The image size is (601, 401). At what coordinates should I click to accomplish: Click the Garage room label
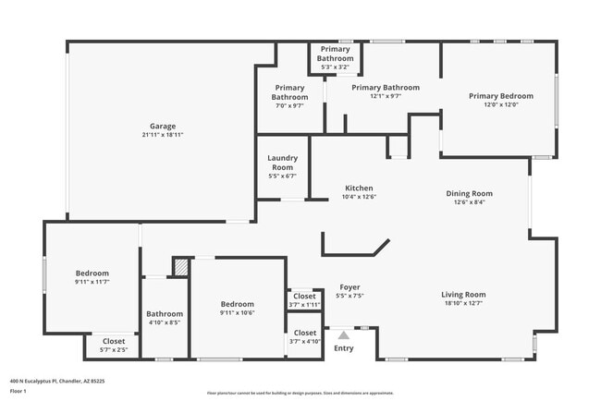(x=163, y=127)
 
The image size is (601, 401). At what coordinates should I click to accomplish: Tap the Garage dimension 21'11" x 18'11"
(x=163, y=136)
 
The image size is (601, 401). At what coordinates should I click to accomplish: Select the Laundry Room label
(x=282, y=163)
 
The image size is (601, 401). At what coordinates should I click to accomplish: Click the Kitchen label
(x=359, y=187)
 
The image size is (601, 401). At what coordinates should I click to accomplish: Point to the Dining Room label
(x=469, y=193)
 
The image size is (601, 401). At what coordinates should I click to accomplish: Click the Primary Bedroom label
(x=500, y=96)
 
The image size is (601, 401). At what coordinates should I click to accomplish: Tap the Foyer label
(x=350, y=287)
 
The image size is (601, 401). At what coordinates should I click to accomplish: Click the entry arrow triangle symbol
(x=343, y=335)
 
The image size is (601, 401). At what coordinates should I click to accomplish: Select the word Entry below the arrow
(x=343, y=348)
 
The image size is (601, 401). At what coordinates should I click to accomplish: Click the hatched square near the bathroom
(x=181, y=267)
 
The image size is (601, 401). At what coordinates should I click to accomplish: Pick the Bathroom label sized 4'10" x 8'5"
(x=165, y=314)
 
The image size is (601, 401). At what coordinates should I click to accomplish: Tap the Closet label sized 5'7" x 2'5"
(x=113, y=341)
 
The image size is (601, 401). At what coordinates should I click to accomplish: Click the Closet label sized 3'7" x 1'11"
(x=304, y=297)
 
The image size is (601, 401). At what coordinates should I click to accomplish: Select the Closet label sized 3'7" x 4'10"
(x=304, y=333)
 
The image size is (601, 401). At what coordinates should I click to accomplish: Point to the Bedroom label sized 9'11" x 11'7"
(x=92, y=273)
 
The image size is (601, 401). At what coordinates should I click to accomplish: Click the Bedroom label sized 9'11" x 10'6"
(x=237, y=304)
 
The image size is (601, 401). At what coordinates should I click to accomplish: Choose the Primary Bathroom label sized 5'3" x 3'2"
(x=335, y=54)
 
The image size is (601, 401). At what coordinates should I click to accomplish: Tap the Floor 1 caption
(x=18, y=392)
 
